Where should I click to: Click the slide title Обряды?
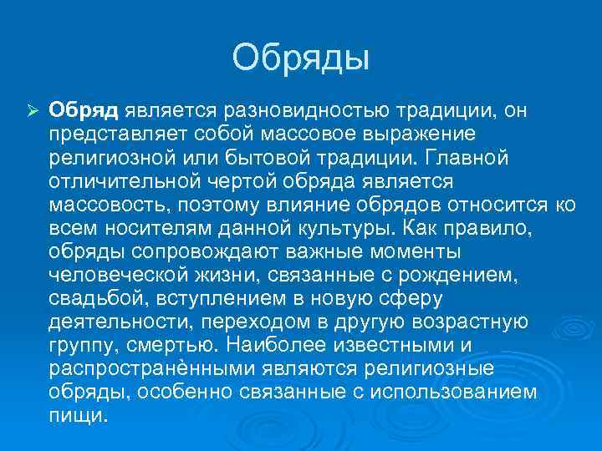point(300,58)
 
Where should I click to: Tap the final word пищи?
point(79,415)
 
